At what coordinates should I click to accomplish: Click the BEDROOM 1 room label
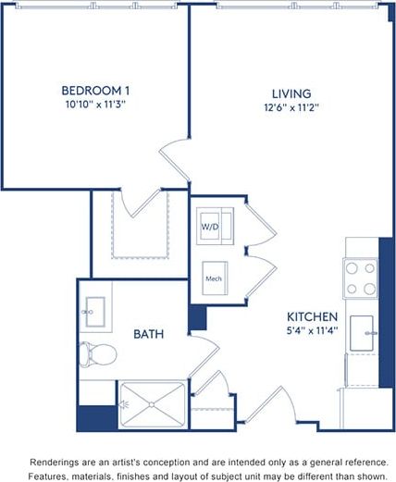94,91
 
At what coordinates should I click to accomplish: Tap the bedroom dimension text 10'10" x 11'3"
94,105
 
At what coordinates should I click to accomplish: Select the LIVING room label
291,94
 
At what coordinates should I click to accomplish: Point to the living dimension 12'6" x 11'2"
291,108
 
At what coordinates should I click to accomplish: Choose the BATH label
148,334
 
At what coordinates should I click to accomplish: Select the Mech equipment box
214,277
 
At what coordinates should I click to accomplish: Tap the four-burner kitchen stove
361,277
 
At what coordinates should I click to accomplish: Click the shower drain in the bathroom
150,405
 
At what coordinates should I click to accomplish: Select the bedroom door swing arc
173,154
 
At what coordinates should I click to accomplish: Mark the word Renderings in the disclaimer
56,460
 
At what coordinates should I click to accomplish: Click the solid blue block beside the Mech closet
197,317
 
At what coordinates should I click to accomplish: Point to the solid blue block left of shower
96,417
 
